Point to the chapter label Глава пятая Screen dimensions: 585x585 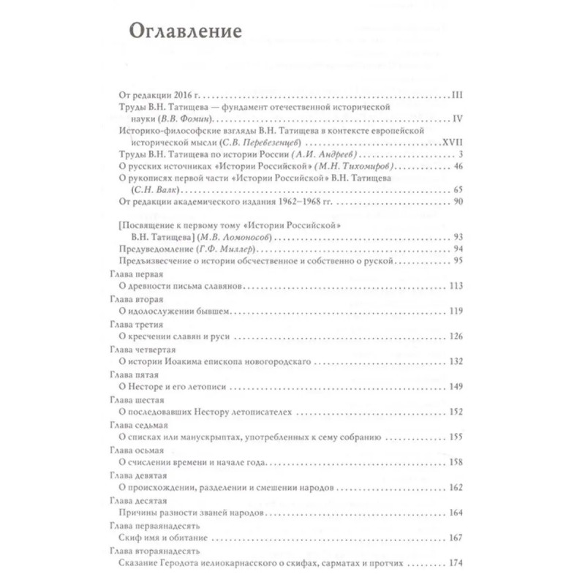pos(119,373)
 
